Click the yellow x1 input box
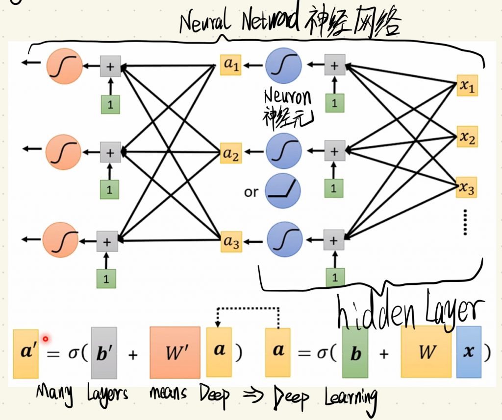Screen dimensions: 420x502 click(x=467, y=86)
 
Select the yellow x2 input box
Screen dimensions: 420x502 click(x=467, y=137)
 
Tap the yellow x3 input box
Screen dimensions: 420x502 click(x=467, y=187)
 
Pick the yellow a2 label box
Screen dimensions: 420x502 click(x=230, y=153)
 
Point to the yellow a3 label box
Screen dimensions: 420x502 click(x=231, y=241)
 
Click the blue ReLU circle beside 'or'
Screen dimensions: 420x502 click(x=283, y=191)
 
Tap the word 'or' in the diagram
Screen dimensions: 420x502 click(x=251, y=192)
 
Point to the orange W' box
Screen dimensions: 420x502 click(x=175, y=352)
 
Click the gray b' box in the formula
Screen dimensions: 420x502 click(x=104, y=353)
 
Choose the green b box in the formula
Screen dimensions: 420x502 click(x=355, y=353)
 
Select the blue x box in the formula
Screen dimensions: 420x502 click(x=469, y=352)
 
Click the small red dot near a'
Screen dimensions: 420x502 click(x=46, y=338)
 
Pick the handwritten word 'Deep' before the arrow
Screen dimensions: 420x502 click(x=214, y=395)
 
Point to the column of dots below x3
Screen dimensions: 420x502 click(x=466, y=223)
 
